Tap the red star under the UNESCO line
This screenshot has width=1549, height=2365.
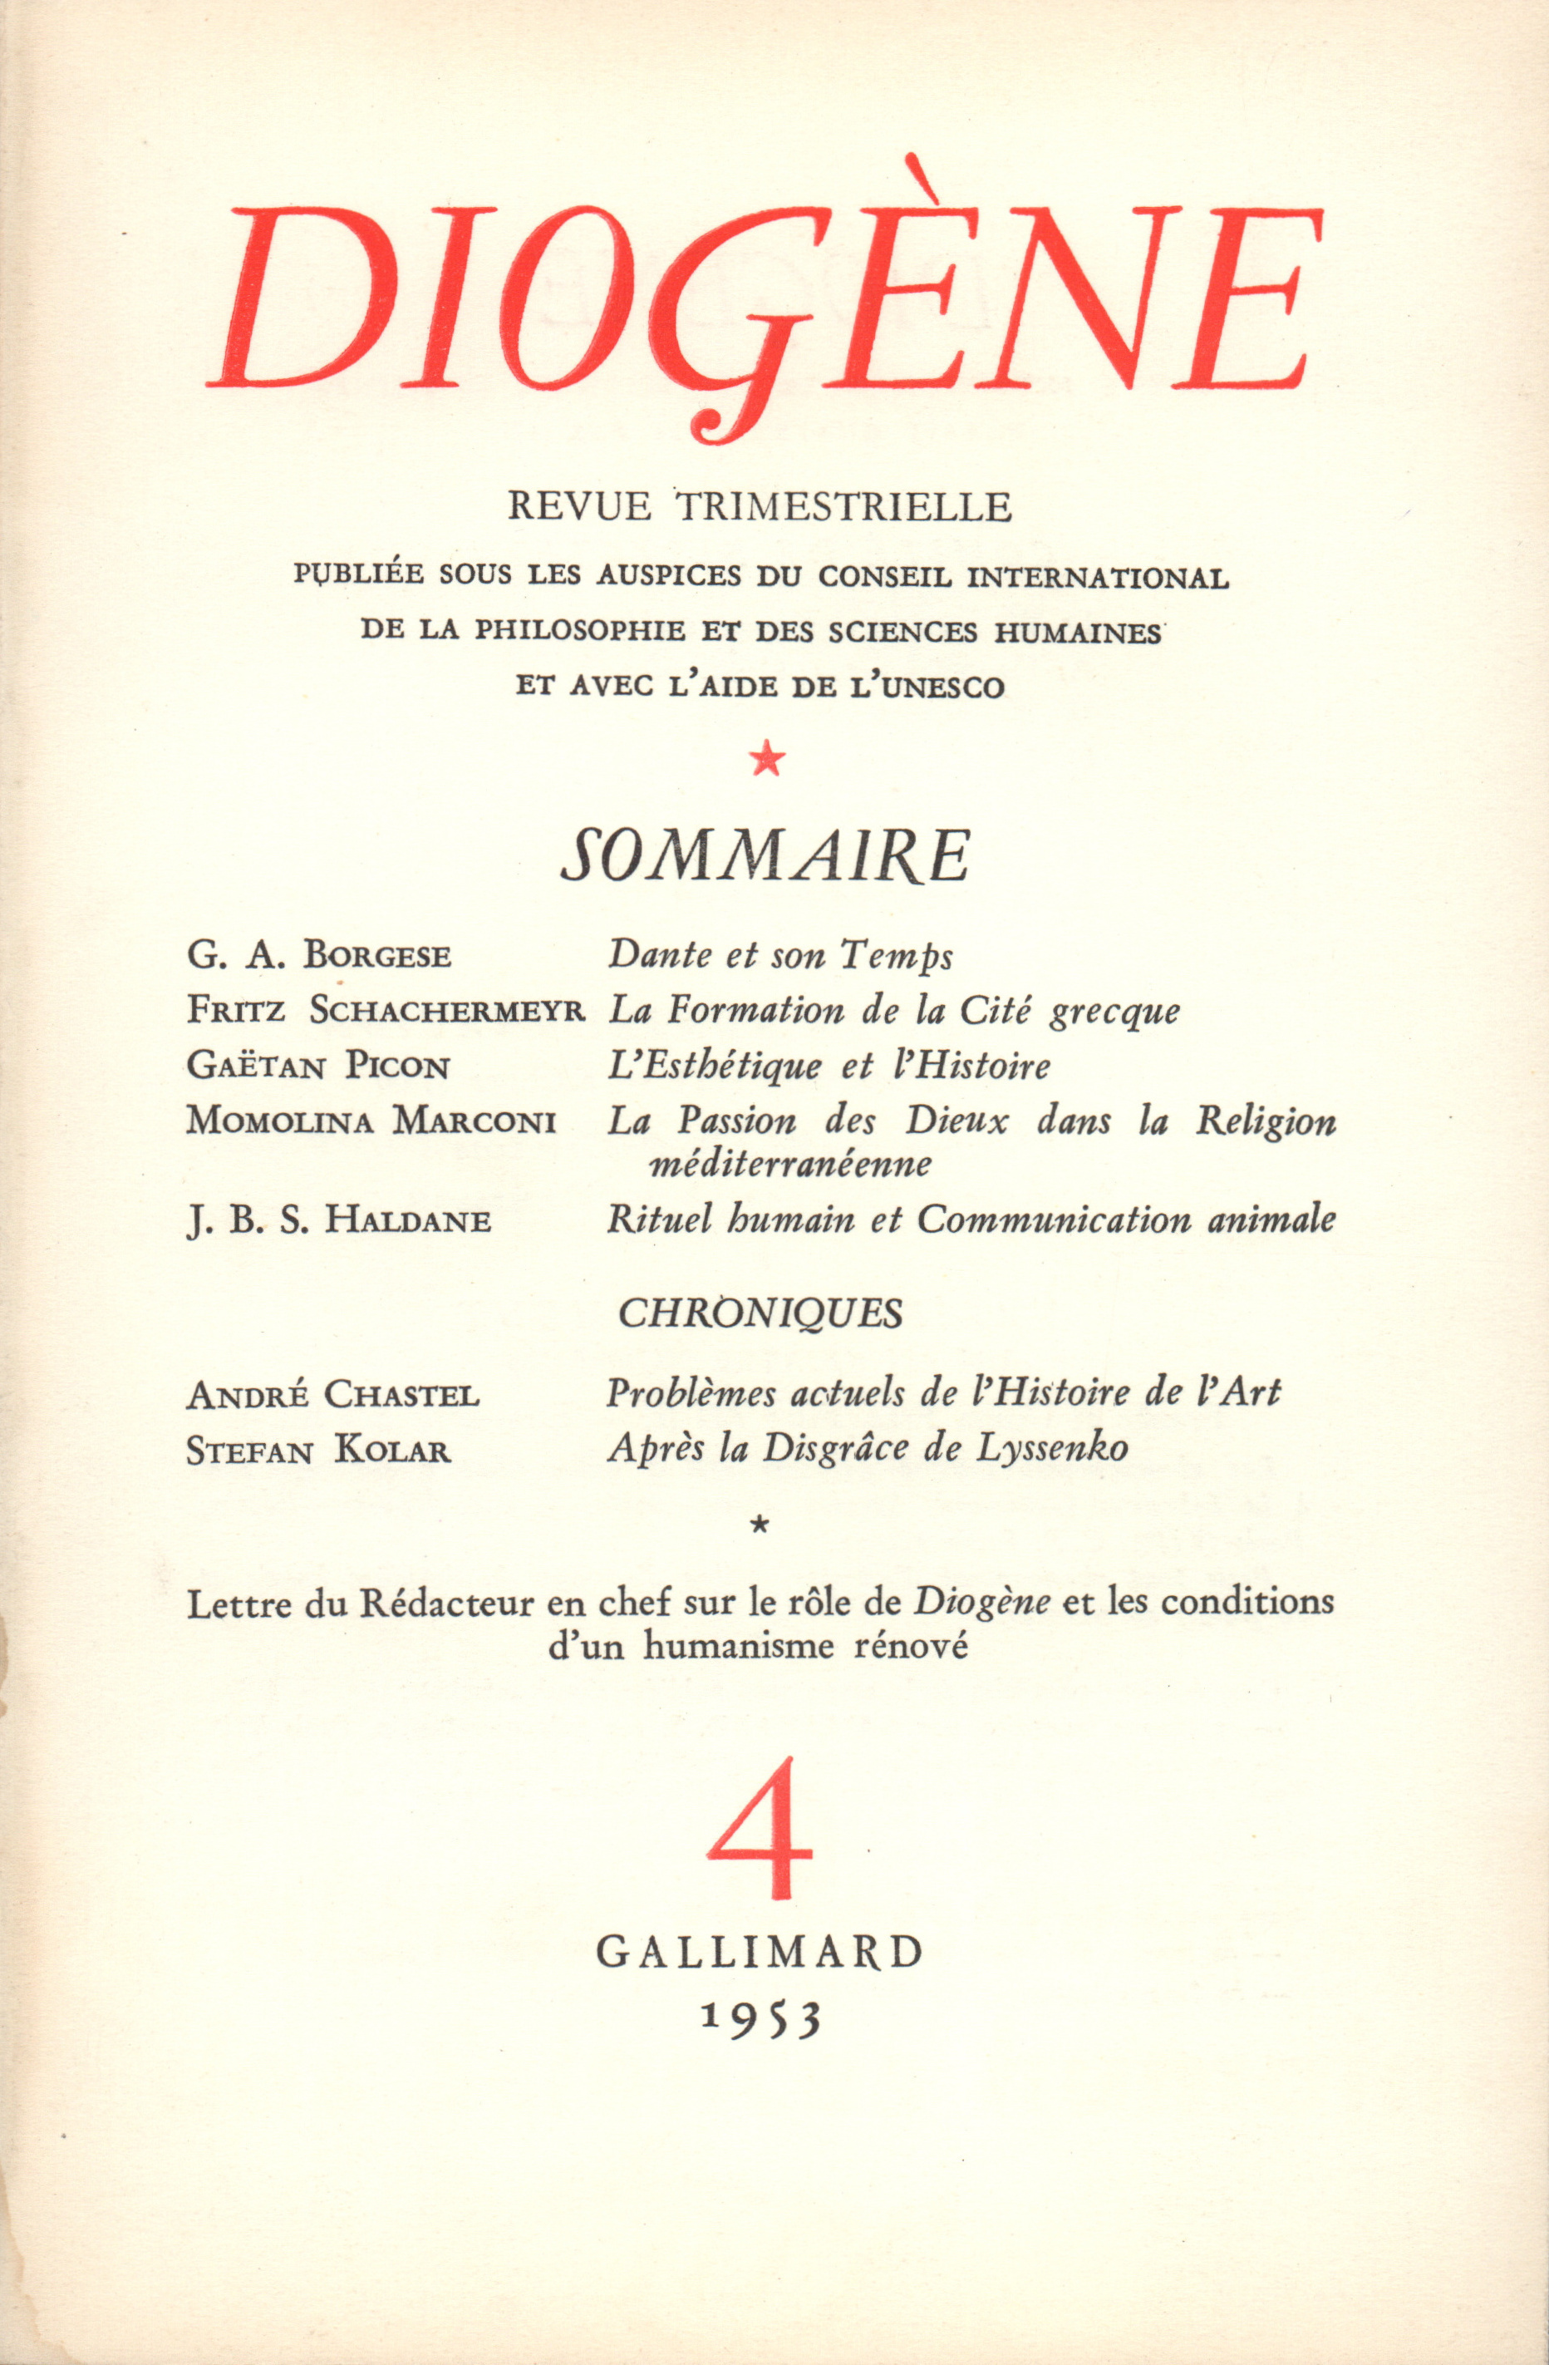tap(766, 761)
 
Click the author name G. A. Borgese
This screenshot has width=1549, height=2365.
tap(319, 955)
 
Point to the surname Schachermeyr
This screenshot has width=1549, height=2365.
tap(448, 1011)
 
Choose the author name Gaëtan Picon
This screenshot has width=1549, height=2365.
tap(318, 1067)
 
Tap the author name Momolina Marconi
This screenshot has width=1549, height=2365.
tap(371, 1121)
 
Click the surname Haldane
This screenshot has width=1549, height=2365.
tap(408, 1219)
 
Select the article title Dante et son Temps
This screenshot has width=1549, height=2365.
tap(781, 955)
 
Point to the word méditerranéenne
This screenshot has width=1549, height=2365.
tap(790, 1164)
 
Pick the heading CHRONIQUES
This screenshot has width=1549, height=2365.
tap(760, 1313)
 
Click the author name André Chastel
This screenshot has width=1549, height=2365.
tap(333, 1395)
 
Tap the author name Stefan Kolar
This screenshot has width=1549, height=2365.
tap(318, 1451)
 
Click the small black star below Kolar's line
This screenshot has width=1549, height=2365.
tap(762, 1521)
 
